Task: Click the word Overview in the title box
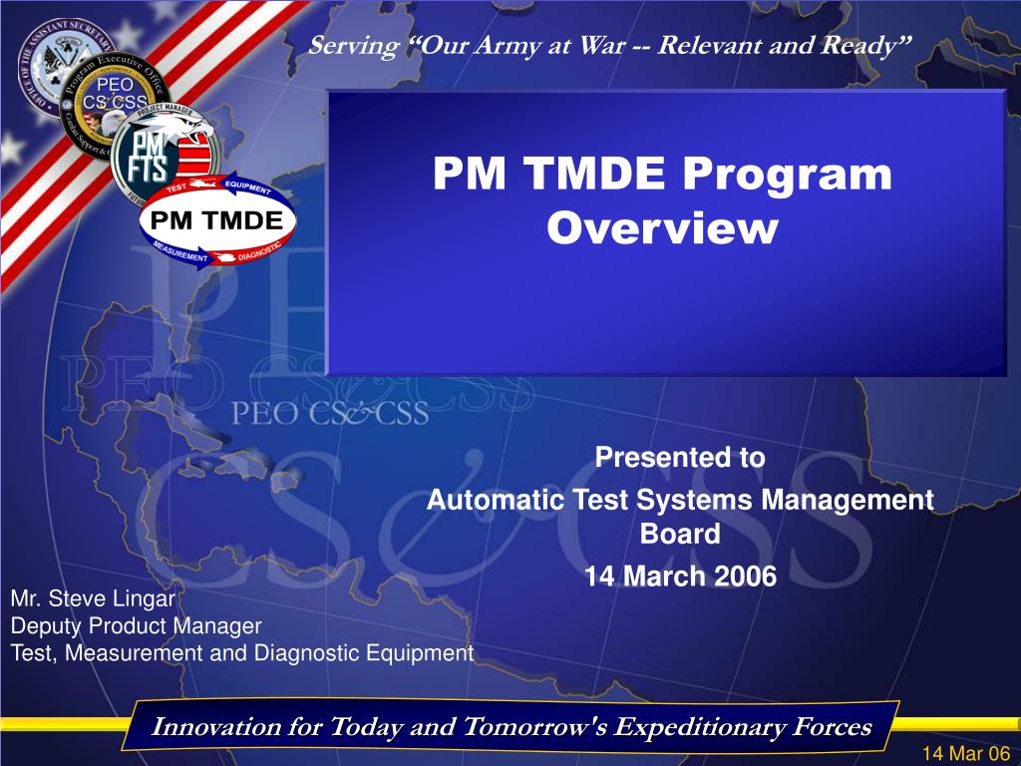(662, 229)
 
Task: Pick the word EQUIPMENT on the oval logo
(247, 188)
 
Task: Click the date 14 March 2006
(679, 576)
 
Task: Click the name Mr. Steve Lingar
(93, 599)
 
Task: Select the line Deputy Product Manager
(136, 626)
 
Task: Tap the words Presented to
(679, 458)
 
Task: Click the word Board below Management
(679, 535)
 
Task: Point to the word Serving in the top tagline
(345, 46)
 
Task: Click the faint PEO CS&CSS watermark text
(330, 412)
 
